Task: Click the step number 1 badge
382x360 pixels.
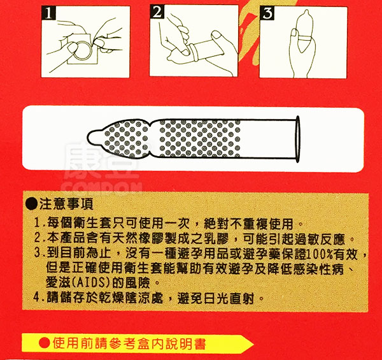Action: tap(49, 13)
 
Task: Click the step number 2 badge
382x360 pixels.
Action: tap(157, 12)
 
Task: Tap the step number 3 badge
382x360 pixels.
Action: tap(267, 13)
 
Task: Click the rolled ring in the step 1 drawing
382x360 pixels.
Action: tap(82, 50)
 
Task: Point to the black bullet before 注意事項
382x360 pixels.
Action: tap(31, 204)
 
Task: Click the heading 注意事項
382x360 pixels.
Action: tap(66, 204)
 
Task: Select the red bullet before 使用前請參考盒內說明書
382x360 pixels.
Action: tap(45, 343)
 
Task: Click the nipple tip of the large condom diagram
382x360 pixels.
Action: tap(90, 137)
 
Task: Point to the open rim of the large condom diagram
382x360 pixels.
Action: tap(297, 139)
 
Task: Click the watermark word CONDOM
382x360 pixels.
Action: tap(102, 189)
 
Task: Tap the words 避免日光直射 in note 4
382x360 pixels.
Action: tap(216, 298)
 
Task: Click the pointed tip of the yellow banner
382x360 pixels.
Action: tap(253, 344)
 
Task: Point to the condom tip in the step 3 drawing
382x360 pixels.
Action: tap(306, 13)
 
